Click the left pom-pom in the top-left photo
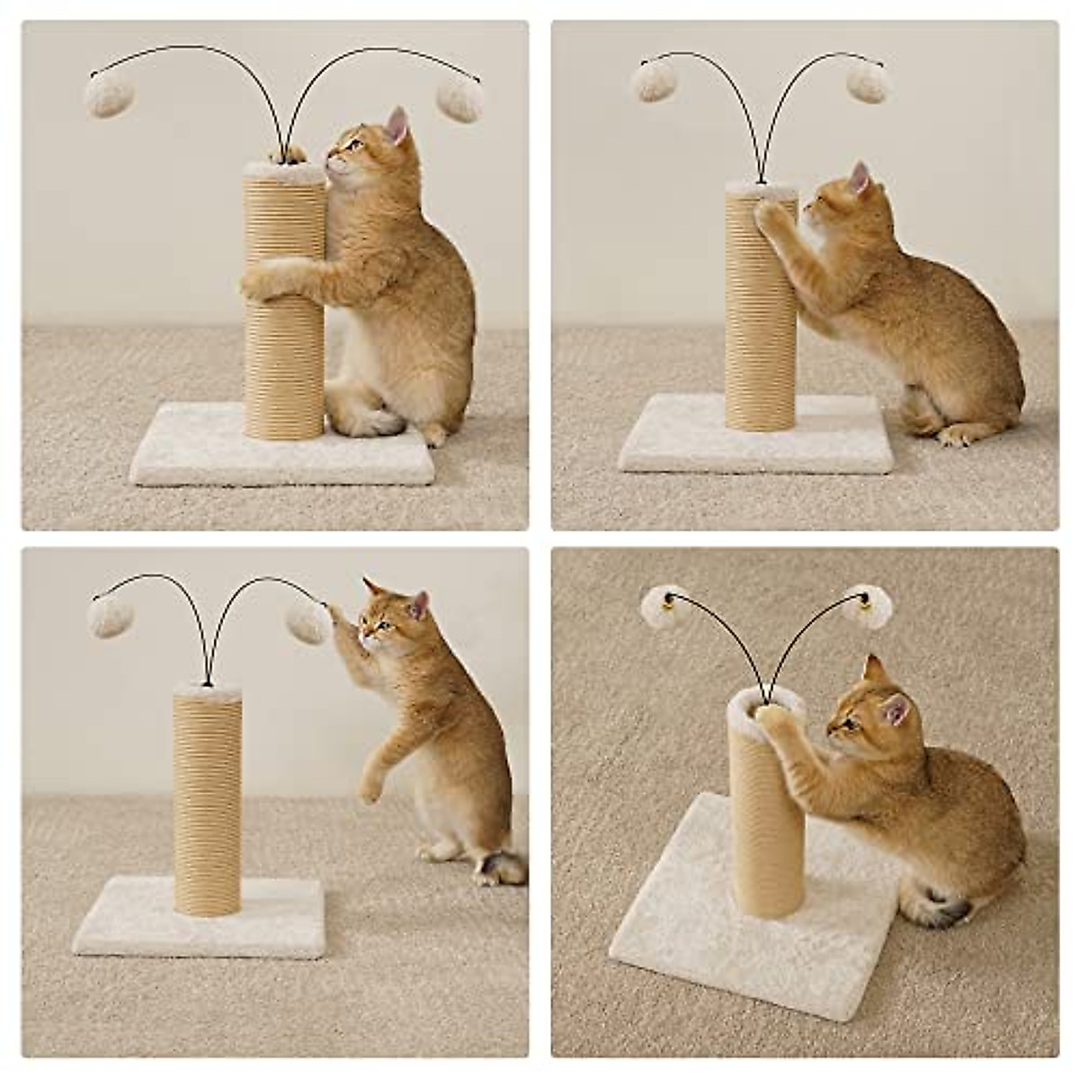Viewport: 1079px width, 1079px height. coord(105,94)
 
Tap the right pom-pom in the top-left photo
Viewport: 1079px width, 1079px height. coord(460,97)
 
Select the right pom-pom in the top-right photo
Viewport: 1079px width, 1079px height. coord(870,82)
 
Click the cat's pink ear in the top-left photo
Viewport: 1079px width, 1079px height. coord(397,126)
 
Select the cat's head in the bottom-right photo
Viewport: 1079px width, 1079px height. coord(862,706)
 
